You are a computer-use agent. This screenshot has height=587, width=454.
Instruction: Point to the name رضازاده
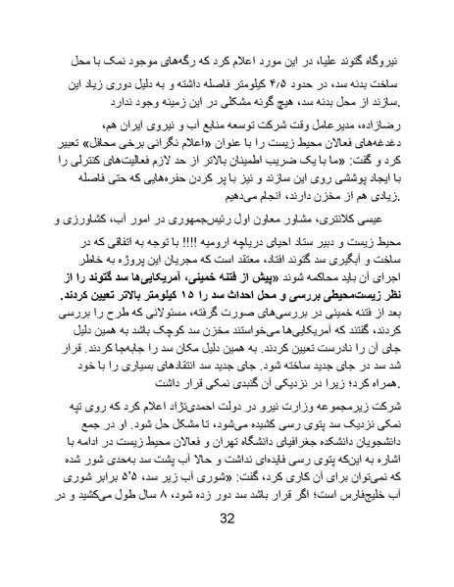click(x=368, y=128)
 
